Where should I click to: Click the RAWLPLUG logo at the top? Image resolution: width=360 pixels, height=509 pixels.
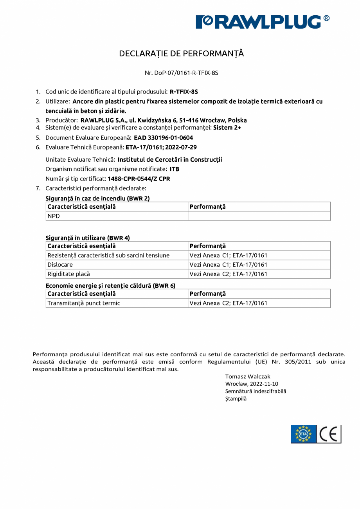click(263, 22)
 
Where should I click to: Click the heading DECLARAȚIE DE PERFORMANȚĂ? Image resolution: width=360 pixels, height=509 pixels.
click(181, 54)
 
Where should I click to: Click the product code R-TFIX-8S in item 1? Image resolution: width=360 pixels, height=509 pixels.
click(184, 92)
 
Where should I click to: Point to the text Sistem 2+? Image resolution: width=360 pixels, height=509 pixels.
click(227, 128)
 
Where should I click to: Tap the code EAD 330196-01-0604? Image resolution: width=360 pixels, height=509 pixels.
click(163, 138)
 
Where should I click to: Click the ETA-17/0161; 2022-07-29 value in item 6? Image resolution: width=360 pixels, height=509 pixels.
click(161, 148)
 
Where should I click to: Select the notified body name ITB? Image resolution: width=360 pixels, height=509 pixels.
click(174, 169)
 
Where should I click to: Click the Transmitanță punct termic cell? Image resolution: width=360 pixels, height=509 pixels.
click(84, 303)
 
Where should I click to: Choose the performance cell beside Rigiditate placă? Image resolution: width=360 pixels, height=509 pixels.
click(228, 274)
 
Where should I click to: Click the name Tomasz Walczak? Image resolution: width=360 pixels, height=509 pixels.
click(247, 376)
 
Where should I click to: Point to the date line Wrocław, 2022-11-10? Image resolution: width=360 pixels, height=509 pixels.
click(252, 384)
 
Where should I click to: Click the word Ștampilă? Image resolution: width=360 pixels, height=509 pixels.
click(236, 399)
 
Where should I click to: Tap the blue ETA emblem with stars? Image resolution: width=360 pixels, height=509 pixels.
click(304, 434)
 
